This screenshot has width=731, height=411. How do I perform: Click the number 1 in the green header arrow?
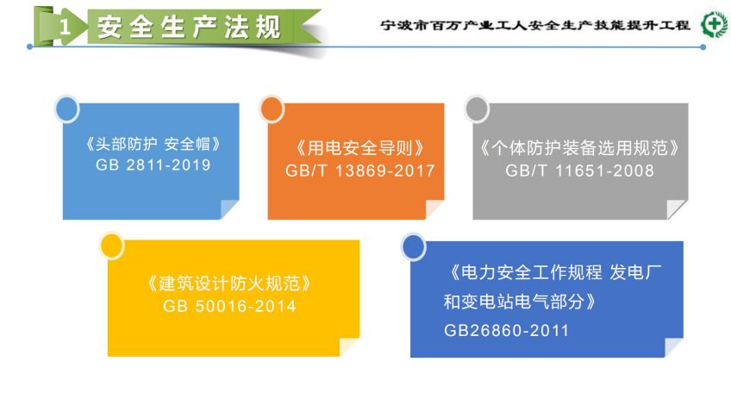click(65, 27)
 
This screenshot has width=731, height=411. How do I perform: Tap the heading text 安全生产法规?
click(189, 27)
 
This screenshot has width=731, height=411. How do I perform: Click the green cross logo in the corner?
click(715, 24)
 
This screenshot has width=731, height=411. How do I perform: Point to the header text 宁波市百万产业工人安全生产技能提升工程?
click(535, 25)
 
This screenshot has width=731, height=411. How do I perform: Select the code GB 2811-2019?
click(153, 165)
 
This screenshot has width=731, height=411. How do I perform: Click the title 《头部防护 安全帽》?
click(153, 144)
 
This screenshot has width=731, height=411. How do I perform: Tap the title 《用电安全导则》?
click(360, 148)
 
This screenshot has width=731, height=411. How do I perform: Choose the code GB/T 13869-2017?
click(360, 171)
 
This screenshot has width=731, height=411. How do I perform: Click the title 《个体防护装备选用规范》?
click(580, 148)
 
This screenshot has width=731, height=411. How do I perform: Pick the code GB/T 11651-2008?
click(580, 171)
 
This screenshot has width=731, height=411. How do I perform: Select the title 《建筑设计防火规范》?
click(229, 283)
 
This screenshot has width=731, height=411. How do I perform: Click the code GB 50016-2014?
click(229, 306)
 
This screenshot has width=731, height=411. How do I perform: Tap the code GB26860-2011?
click(506, 330)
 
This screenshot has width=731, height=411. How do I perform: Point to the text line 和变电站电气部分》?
click(520, 302)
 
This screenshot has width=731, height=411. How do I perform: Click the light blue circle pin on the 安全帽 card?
click(67, 109)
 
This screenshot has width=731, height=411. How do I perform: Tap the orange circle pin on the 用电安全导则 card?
click(272, 109)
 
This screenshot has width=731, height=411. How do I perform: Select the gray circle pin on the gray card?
click(477, 109)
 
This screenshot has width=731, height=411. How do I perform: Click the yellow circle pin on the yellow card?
click(112, 246)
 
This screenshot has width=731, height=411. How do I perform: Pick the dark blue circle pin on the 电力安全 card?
click(414, 246)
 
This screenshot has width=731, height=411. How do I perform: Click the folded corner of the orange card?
click(433, 209)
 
